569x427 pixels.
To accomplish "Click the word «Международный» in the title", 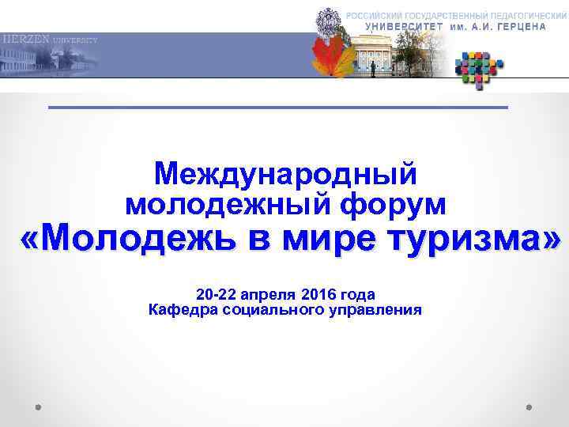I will (285, 173).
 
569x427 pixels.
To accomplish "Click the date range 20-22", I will (215, 293).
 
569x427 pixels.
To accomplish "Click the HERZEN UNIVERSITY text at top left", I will (49, 39).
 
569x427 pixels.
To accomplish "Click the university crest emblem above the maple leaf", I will (325, 20).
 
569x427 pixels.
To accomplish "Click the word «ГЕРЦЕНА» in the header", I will (517, 26).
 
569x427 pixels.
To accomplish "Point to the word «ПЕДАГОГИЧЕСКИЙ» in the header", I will (520, 16).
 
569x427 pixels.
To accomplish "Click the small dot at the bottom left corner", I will (38, 409).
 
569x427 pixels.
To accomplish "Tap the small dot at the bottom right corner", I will (529, 409).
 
